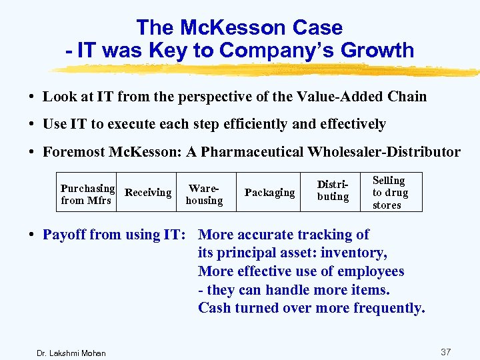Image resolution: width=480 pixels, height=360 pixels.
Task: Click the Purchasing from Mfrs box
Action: [x=87, y=193]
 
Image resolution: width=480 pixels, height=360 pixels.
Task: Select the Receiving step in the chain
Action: [x=148, y=193]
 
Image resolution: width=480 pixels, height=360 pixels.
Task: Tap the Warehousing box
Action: [x=204, y=194]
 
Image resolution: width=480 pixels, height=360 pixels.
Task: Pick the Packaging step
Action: [x=269, y=193]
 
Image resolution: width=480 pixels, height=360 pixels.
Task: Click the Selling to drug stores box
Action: [x=389, y=193]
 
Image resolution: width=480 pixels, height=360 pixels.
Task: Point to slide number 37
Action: [x=446, y=351]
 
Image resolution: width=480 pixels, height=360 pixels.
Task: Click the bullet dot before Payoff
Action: [x=33, y=235]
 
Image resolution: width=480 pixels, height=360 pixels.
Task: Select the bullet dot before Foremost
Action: [x=33, y=152]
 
